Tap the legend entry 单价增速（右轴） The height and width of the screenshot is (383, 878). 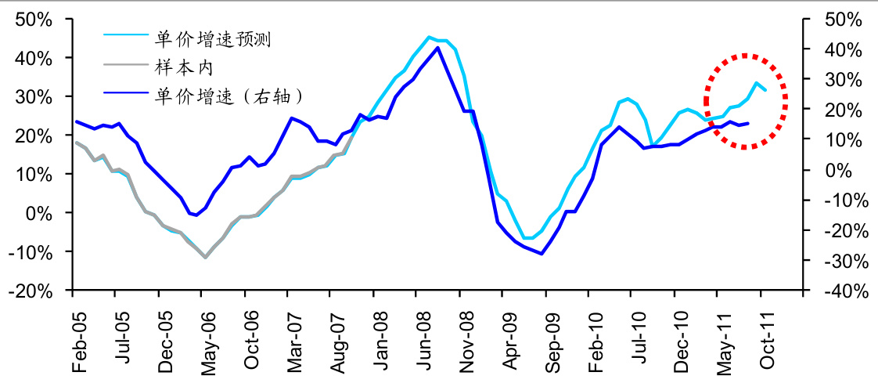pyautogui.click(x=228, y=96)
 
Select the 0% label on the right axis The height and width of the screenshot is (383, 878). pyautogui.click(x=837, y=170)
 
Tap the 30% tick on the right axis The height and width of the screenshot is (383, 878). pyautogui.click(x=844, y=79)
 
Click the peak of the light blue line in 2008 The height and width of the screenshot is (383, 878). pyautogui.click(x=429, y=37)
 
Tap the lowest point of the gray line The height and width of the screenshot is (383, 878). pyautogui.click(x=205, y=257)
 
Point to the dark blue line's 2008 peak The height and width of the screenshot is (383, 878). pyautogui.click(x=437, y=48)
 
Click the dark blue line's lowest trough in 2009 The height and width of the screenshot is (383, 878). pyautogui.click(x=542, y=254)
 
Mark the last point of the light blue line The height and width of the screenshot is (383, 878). pyautogui.click(x=765, y=91)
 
